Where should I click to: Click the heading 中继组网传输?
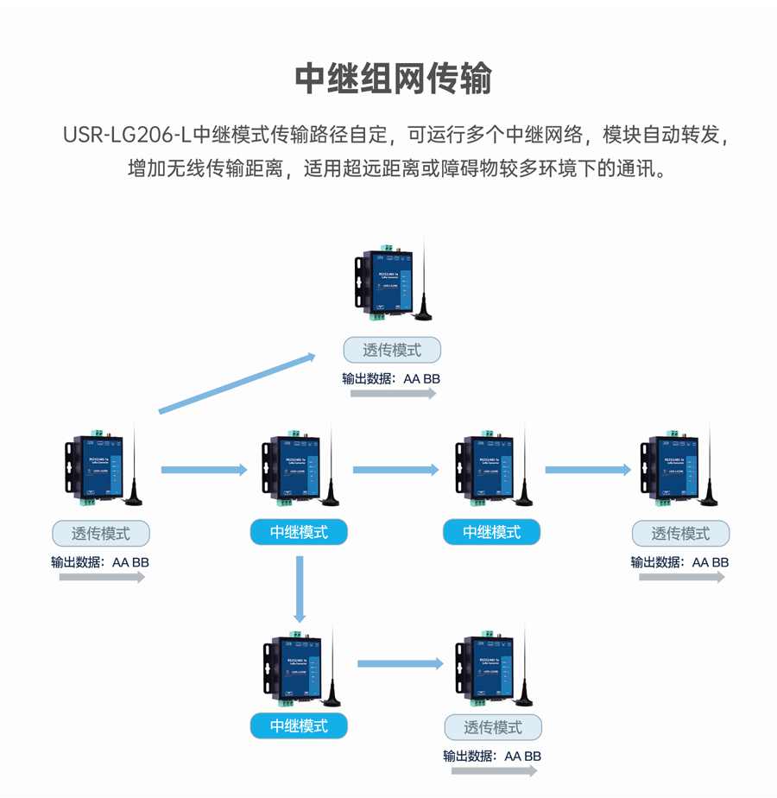(393, 79)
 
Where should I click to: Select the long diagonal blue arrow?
(237, 383)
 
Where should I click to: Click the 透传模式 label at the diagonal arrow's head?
(392, 350)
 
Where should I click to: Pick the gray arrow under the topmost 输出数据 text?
(393, 394)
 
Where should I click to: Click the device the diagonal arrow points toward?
(383, 278)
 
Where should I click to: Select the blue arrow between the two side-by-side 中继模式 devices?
(396, 470)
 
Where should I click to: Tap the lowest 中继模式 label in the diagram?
(299, 725)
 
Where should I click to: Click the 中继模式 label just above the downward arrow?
(299, 532)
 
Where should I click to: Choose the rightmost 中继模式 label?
(491, 532)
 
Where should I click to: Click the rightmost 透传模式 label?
(680, 533)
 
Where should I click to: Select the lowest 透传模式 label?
(493, 727)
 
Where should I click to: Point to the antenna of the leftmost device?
(136, 466)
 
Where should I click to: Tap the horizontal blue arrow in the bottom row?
(400, 663)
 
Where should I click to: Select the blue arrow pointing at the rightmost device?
(588, 470)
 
